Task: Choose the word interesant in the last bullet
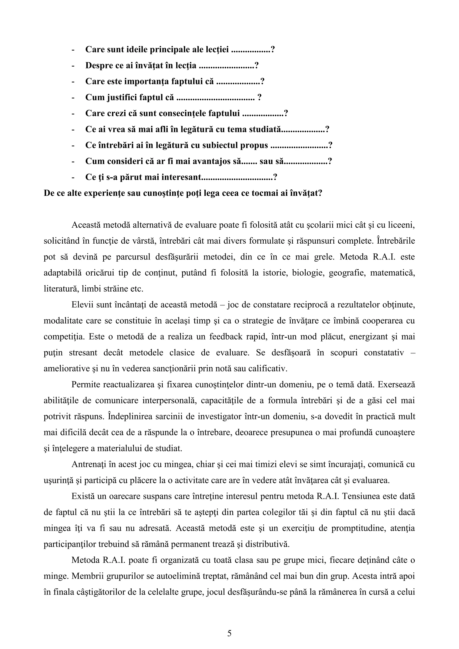[x=181, y=177]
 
